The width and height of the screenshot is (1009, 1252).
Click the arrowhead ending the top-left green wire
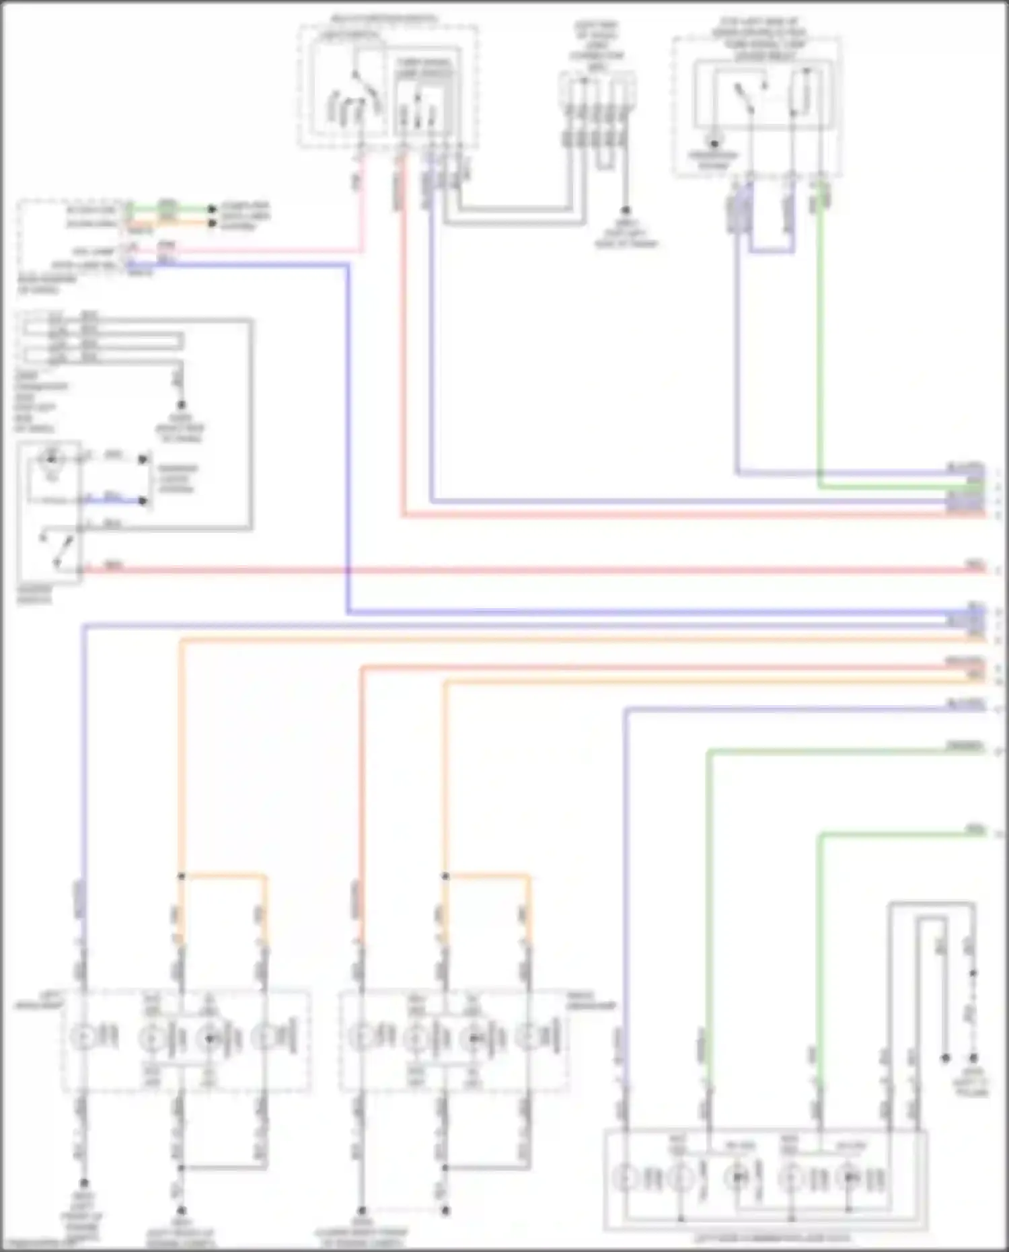[x=213, y=209]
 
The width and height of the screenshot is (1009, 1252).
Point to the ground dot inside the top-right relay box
[x=714, y=143]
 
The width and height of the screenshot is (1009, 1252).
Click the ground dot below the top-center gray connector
[x=626, y=210]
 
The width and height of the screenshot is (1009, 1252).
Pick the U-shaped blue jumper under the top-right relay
[x=772, y=251]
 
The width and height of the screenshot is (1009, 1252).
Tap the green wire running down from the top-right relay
[x=820, y=336]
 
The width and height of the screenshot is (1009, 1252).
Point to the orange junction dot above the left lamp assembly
[x=181, y=876]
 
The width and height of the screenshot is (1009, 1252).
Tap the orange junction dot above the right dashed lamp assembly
[x=445, y=876]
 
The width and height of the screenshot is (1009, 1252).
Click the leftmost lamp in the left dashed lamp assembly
[x=83, y=1037]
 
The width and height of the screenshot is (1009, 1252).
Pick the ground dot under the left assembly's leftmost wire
[x=84, y=1183]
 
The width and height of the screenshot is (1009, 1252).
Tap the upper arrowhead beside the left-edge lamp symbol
[x=143, y=459]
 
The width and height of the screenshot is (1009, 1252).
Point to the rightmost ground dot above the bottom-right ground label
[x=973, y=1058]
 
